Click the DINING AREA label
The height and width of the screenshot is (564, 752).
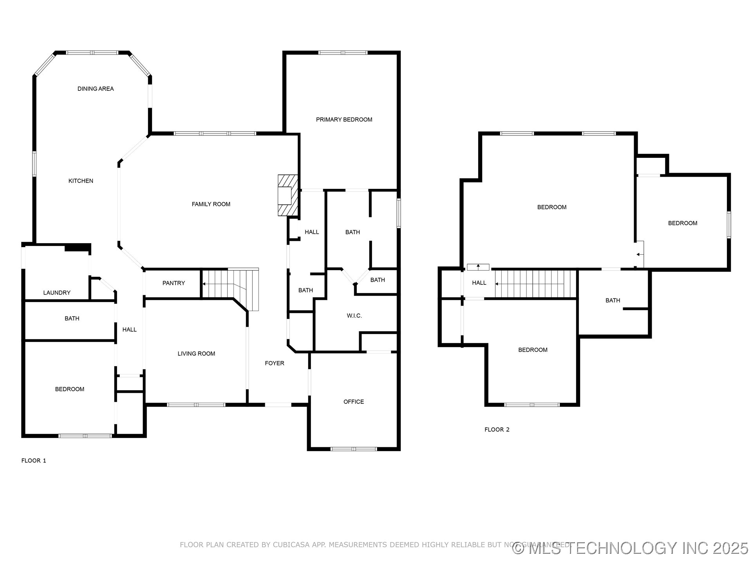coord(96,89)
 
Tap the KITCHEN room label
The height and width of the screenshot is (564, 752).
coord(81,181)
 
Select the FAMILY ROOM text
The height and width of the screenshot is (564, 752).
coord(211,204)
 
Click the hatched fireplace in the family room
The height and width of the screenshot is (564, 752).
coord(287,195)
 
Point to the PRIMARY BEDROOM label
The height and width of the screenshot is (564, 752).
coord(344,119)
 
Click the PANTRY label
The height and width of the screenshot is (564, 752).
coord(174,283)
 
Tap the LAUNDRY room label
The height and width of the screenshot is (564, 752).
coord(57,293)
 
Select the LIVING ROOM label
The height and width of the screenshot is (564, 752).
coord(196,354)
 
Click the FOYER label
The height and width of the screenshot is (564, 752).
coord(274,363)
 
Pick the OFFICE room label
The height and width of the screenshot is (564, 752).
coord(353,402)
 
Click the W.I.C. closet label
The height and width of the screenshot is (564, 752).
coord(354,316)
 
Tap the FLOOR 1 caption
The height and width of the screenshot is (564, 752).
coord(34,461)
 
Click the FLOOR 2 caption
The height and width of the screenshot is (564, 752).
coord(497,430)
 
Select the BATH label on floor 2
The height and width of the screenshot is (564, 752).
coord(613,300)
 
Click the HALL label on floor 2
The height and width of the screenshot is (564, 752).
coord(479,283)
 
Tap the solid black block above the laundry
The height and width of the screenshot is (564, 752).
coord(77,248)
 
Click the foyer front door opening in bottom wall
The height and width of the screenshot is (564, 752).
coord(278,405)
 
